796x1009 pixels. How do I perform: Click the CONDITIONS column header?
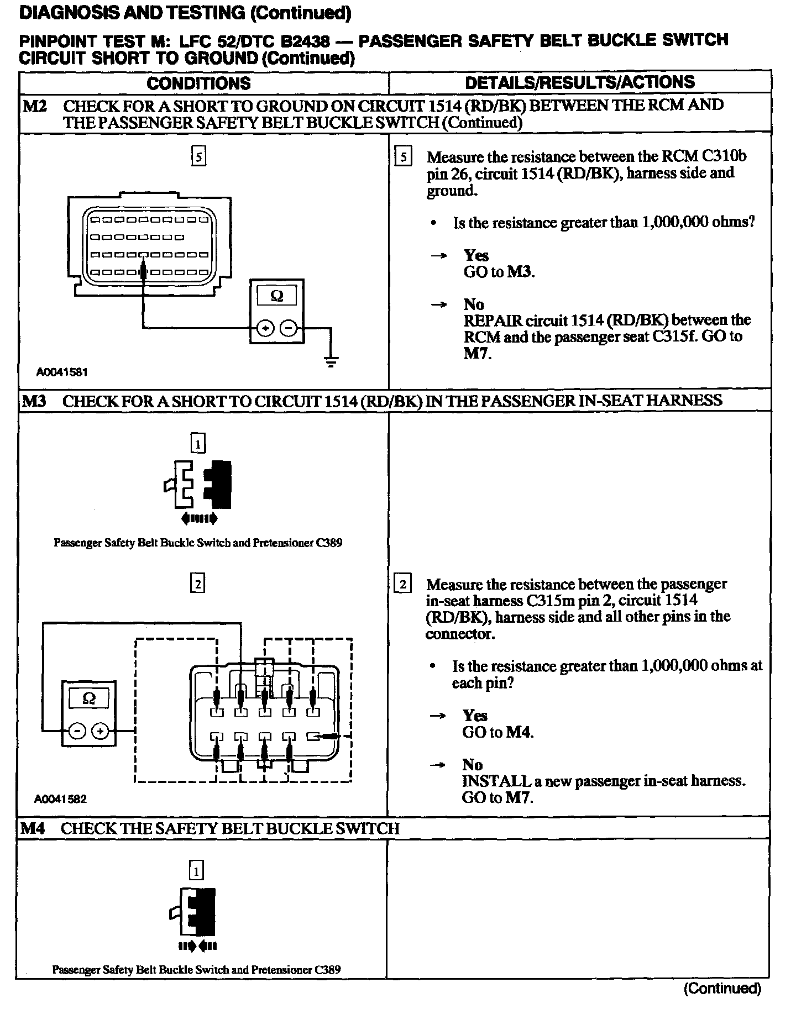coord(198,83)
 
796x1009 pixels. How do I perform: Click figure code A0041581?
coord(62,372)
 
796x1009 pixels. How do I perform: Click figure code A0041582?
coord(60,799)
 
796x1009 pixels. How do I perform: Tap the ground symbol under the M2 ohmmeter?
coord(331,362)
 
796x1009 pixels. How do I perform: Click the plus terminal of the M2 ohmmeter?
coord(266,328)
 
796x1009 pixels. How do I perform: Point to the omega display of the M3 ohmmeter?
coord(88,699)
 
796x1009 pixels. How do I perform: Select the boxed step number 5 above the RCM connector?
coord(198,157)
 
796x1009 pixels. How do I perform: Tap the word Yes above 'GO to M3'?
coord(476,255)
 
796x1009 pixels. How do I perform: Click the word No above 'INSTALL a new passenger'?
coord(473,765)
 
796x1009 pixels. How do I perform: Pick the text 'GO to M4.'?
coord(498,732)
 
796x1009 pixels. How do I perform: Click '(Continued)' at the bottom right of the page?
coord(722,988)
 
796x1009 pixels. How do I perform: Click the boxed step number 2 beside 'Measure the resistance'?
coord(404,585)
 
